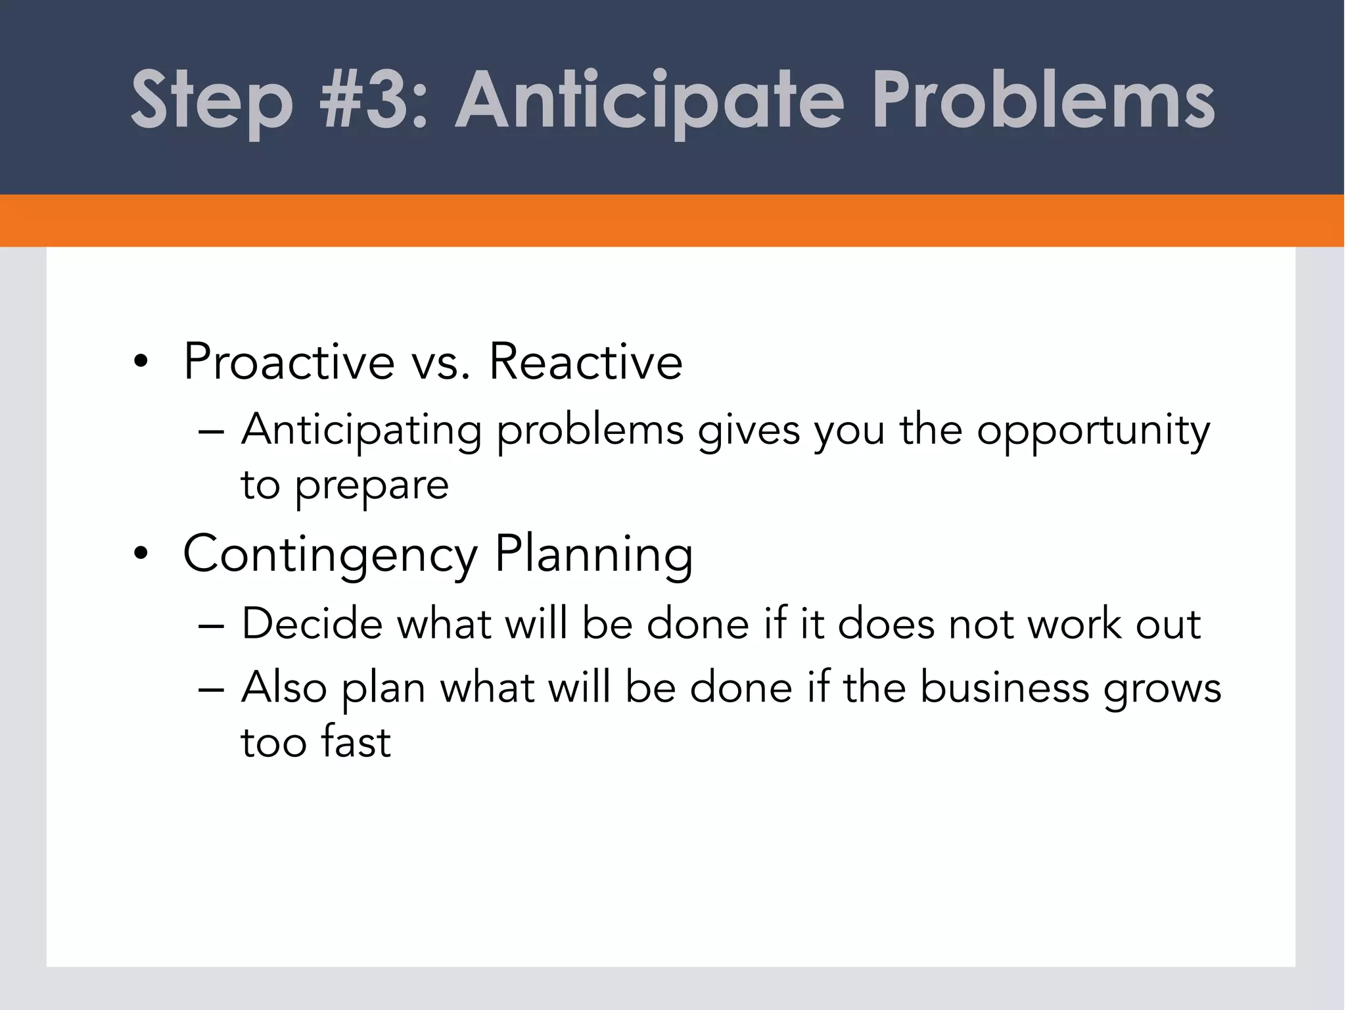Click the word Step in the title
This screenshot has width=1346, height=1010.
pos(212,102)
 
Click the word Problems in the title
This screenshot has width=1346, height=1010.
pos(1044,99)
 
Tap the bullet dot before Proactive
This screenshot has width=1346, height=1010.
pos(140,362)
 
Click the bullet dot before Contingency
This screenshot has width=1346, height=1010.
pos(140,554)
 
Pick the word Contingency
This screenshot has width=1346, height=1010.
pos(330,556)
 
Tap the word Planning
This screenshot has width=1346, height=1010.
pos(594,556)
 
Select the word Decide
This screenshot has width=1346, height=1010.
pos(312,623)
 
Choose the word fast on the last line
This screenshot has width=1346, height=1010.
pos(356,741)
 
